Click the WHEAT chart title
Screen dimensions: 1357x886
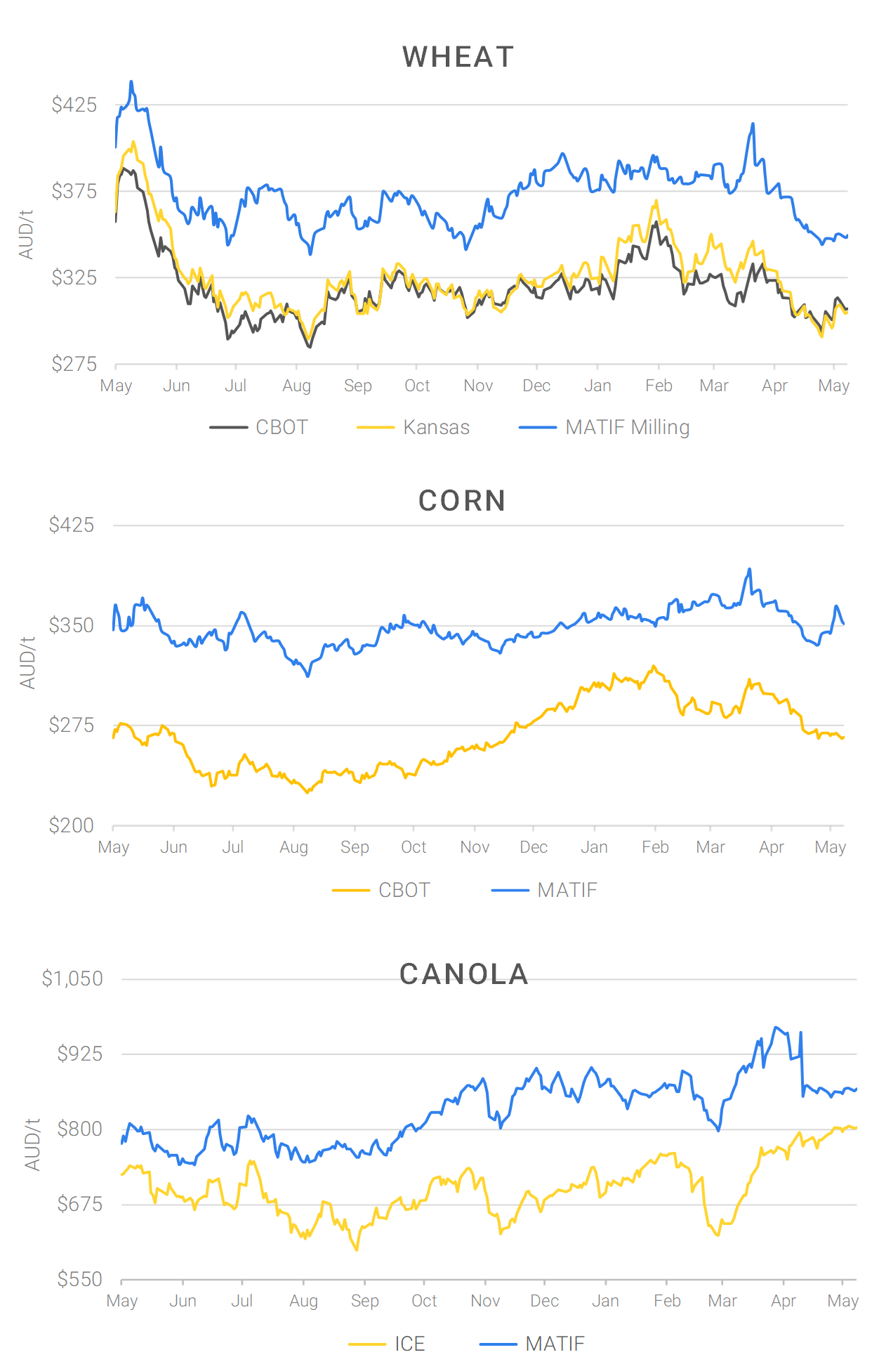coord(458,57)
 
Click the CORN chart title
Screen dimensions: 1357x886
coord(462,501)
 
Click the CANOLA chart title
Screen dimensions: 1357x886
coord(463,974)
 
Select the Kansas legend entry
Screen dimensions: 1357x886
coord(436,427)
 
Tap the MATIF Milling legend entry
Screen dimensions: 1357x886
coord(627,427)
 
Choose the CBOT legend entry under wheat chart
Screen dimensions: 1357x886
coord(282,427)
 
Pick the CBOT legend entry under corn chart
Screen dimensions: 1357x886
coord(404,890)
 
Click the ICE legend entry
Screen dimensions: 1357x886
coord(409,1344)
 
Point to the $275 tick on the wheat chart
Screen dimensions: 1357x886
coord(74,364)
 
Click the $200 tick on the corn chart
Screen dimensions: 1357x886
coord(71,825)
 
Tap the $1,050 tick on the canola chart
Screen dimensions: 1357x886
coord(72,978)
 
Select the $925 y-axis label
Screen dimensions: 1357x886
coord(79,1054)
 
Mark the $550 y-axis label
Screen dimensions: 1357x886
coord(79,1279)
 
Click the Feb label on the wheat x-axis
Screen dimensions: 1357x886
coord(659,386)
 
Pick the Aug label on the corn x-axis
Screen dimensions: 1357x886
coord(293,847)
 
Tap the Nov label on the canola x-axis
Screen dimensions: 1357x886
coord(485,1301)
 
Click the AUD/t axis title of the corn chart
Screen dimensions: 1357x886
coord(27,663)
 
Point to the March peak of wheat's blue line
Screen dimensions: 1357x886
coord(753,124)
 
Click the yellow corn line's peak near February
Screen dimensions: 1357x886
coord(654,666)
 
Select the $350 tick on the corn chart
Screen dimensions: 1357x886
coord(71,625)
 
